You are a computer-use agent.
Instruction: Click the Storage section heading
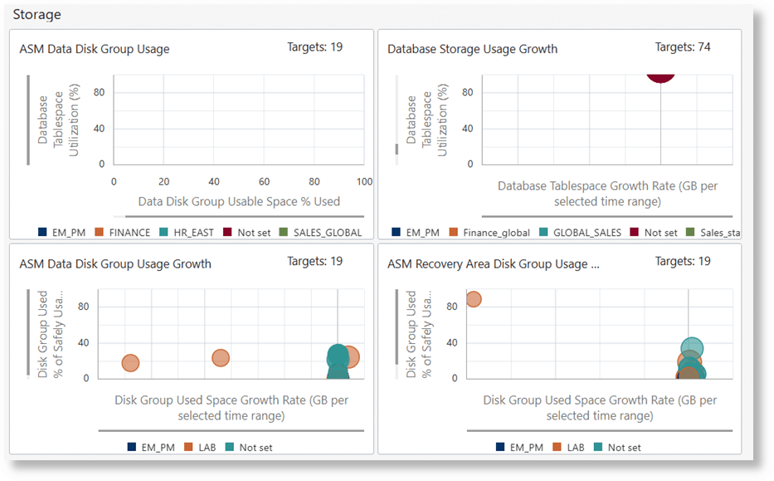pos(37,14)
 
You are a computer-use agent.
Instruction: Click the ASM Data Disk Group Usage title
pos(94,49)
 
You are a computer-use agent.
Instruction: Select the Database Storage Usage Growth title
pos(472,49)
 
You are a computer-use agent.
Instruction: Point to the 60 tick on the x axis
pos(264,182)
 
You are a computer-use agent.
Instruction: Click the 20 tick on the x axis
pos(164,182)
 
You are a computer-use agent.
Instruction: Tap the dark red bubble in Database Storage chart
pos(660,73)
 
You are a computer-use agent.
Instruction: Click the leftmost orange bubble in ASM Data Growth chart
pos(130,363)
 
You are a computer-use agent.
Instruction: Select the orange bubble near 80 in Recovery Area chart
pos(473,299)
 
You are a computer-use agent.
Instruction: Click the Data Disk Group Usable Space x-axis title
pos(239,201)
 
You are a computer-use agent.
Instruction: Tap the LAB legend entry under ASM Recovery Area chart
pos(568,447)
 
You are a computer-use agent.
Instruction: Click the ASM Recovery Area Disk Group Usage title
pos(493,264)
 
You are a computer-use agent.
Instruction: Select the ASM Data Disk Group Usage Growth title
pos(114,264)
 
